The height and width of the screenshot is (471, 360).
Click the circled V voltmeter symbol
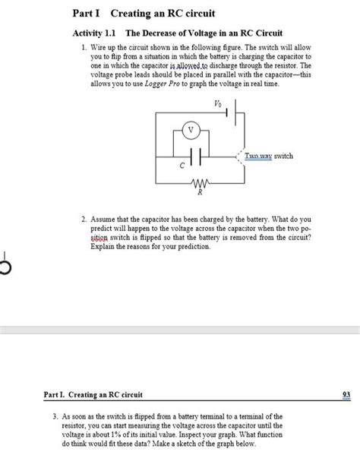(192, 131)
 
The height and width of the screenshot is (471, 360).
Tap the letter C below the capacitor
(182, 165)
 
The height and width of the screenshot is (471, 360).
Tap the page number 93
(346, 394)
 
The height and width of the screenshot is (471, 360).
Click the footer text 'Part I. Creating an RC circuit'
(92, 394)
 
